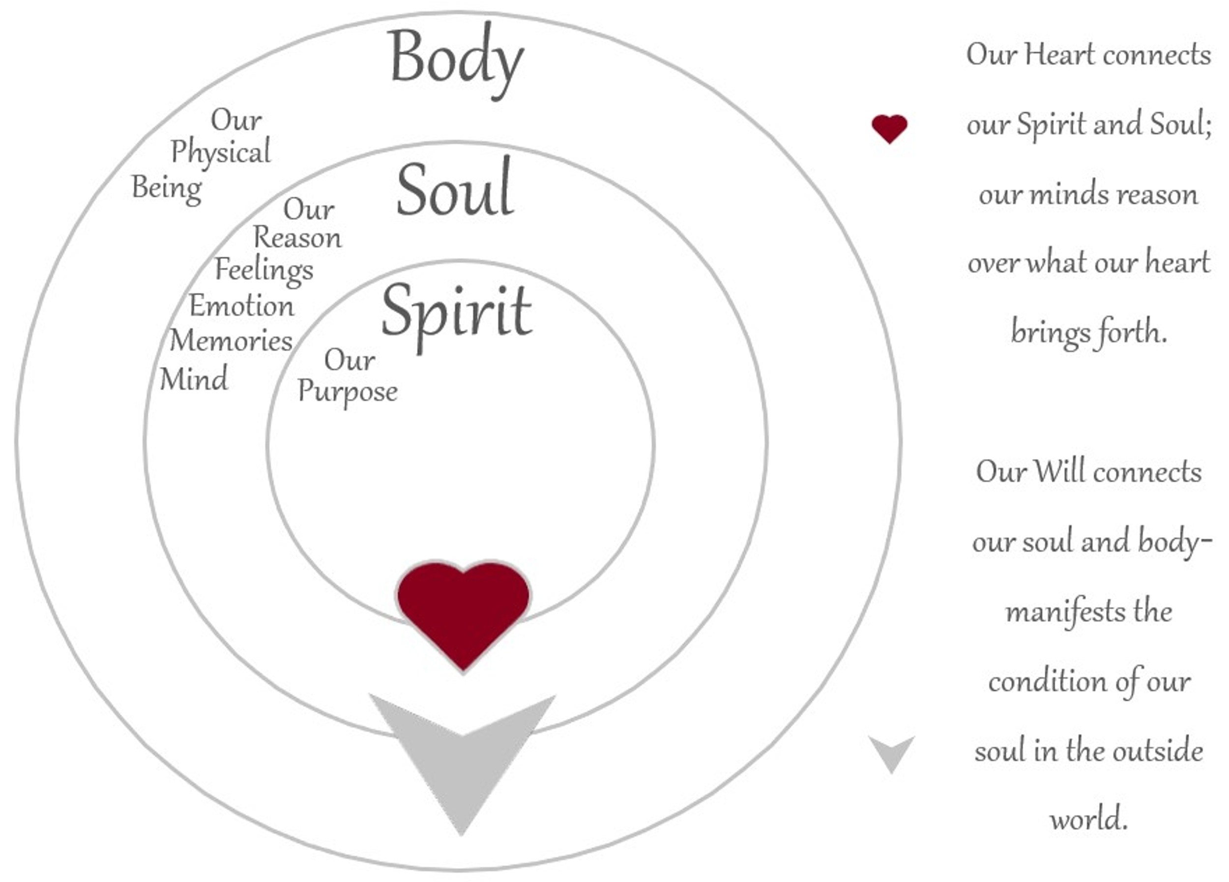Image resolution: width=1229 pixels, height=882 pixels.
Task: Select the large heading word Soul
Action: (455, 187)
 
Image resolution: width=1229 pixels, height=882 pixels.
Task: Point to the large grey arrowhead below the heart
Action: (462, 759)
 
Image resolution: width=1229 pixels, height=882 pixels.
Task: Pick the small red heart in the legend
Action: (889, 129)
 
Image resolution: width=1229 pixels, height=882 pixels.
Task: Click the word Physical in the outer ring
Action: (221, 152)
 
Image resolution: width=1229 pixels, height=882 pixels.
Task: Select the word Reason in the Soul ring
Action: (297, 238)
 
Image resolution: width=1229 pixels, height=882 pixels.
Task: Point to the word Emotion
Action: (241, 306)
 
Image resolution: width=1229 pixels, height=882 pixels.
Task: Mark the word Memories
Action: (231, 340)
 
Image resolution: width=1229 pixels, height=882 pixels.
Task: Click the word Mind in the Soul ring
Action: (194, 378)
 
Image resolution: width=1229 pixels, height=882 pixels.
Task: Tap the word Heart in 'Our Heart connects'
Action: (1059, 55)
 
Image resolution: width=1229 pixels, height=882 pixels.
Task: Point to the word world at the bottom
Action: (1089, 819)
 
